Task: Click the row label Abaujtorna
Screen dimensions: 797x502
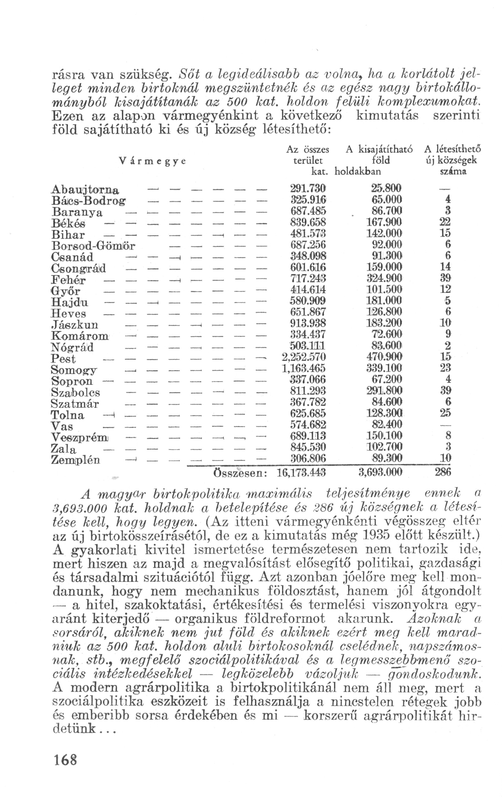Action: click(85, 190)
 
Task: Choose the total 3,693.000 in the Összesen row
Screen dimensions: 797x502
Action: click(380, 472)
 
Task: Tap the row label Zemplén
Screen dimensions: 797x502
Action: click(76, 460)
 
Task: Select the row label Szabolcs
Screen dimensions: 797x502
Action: click(76, 393)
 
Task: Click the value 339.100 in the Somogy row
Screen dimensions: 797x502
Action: click(384, 368)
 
